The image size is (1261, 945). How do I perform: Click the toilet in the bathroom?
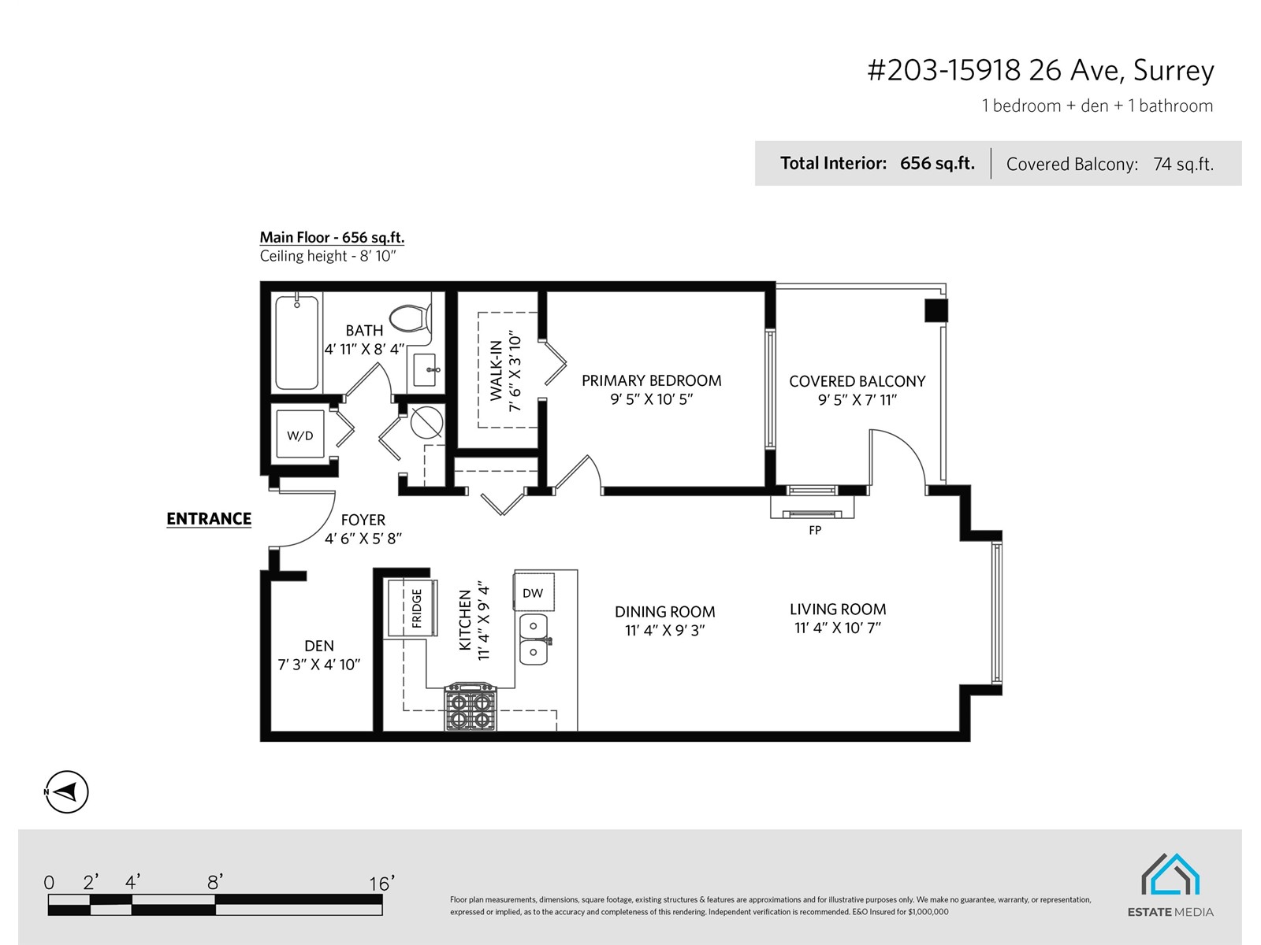click(411, 318)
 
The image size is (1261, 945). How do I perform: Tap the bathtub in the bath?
click(296, 343)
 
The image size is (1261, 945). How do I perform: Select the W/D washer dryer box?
click(300, 435)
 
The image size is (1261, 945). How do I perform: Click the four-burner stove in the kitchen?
click(471, 706)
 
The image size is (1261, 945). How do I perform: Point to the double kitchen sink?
click(534, 639)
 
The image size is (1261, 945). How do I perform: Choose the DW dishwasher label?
click(533, 593)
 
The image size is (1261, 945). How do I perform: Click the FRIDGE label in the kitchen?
click(417, 608)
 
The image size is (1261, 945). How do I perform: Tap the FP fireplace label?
click(815, 530)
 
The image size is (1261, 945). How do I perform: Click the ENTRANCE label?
click(209, 519)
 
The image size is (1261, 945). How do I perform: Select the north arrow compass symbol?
click(67, 791)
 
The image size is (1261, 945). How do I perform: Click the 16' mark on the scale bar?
click(382, 883)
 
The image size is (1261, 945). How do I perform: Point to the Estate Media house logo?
click(1170, 874)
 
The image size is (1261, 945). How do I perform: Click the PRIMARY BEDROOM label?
click(652, 380)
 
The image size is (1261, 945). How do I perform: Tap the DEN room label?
click(319, 646)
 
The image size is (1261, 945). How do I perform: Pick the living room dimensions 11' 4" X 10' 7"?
click(838, 628)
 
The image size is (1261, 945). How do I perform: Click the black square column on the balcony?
click(936, 310)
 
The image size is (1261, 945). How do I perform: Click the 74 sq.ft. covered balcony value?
click(1184, 165)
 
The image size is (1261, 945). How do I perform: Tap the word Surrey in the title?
click(1174, 71)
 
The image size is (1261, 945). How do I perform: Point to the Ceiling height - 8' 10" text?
click(328, 256)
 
